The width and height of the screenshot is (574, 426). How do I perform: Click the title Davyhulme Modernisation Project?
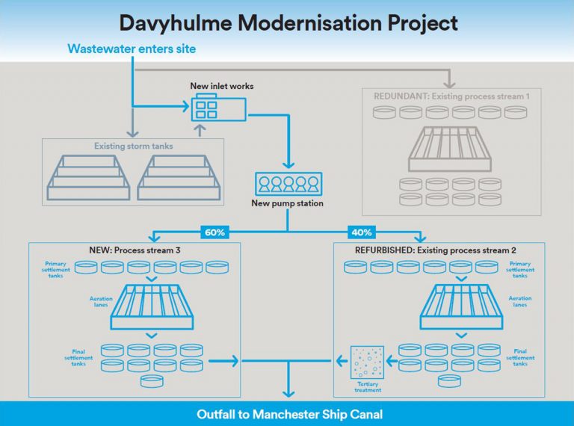point(288,22)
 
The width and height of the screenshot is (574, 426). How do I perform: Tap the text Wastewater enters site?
point(132,49)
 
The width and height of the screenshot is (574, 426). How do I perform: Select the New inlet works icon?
point(217,109)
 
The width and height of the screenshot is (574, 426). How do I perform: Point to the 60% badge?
point(215,232)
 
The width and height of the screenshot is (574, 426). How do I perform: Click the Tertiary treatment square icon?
point(367,362)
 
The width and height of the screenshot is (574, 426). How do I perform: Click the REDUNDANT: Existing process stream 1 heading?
point(451,96)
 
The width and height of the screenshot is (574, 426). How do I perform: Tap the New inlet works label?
point(221,86)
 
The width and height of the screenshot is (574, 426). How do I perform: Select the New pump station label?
point(287,203)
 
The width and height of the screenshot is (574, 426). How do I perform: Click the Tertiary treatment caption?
point(367,387)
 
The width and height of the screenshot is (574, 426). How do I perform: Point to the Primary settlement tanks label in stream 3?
point(56,269)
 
